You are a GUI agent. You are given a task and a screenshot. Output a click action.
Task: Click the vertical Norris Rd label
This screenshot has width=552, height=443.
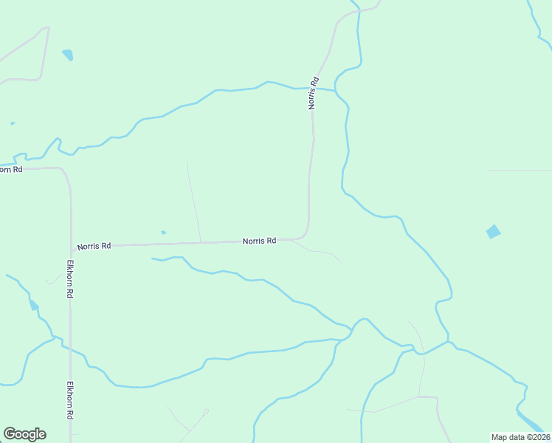(x=314, y=93)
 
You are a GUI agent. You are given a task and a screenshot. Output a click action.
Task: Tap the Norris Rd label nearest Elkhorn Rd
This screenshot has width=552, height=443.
(x=94, y=246)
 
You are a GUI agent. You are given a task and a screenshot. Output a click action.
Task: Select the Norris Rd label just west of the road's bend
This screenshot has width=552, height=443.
(x=259, y=241)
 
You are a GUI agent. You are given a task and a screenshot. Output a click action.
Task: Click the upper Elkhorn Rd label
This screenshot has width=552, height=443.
(x=70, y=278)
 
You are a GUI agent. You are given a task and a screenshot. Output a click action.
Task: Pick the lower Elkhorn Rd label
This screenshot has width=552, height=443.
(x=70, y=401)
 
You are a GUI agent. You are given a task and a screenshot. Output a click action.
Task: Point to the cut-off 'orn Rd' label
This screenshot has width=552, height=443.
(x=10, y=169)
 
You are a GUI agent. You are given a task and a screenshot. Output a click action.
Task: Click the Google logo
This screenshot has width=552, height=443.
(x=24, y=434)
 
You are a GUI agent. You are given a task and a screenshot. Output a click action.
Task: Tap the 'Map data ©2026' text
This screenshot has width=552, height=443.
(x=521, y=437)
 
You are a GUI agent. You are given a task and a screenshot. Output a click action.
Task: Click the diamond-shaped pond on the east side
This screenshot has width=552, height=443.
(x=493, y=232)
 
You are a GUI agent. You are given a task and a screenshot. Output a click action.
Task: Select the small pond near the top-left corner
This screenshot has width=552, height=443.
(x=68, y=55)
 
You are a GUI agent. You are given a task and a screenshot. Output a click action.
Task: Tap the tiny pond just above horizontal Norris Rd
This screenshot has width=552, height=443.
(x=163, y=233)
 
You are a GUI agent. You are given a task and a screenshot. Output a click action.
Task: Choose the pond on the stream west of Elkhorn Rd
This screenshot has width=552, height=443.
(x=33, y=305)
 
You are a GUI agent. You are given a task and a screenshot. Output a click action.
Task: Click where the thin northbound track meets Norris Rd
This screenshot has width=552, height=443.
(x=201, y=241)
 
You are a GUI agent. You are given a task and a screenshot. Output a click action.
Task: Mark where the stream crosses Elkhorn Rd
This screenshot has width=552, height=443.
(x=71, y=347)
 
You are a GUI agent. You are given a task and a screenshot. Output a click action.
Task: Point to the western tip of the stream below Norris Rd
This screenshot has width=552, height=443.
(x=152, y=258)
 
